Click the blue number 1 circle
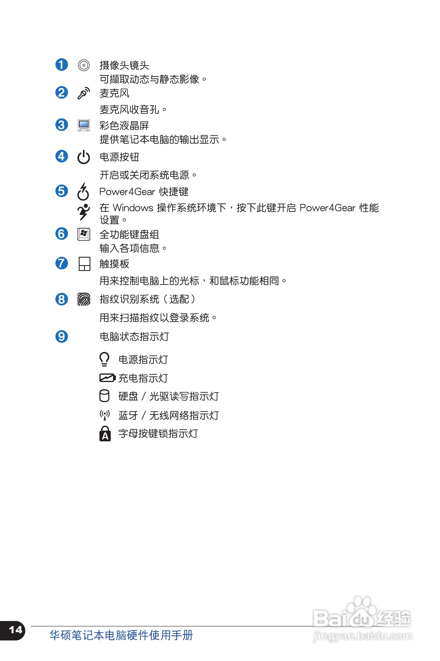(62, 65)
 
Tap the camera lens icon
(84, 66)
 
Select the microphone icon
(84, 93)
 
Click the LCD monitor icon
(84, 125)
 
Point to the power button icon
(84, 157)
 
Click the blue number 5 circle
(62, 191)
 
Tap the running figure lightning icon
(84, 212)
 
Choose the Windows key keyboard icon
(84, 234)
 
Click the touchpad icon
(84, 264)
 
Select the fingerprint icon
(84, 299)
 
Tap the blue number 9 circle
(62, 336)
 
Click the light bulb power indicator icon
(105, 359)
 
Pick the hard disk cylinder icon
(105, 396)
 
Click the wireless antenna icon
(105, 415)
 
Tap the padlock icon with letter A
(105, 434)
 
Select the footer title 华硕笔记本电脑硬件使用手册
(121, 635)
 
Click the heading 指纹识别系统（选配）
(147, 299)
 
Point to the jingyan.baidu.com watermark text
(363, 635)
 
